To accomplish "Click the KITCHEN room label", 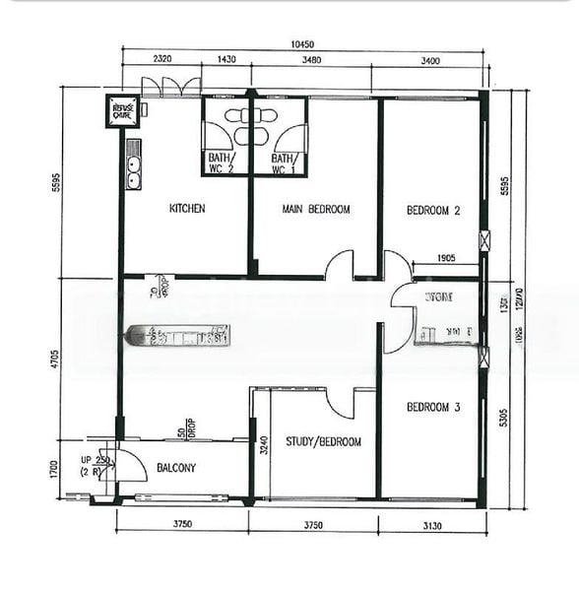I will pyautogui.click(x=187, y=209).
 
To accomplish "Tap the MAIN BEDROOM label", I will pyautogui.click(x=315, y=209).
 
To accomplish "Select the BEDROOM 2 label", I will pyautogui.click(x=433, y=210).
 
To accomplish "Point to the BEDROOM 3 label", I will pyautogui.click(x=433, y=406).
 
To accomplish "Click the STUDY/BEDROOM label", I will pyautogui.click(x=323, y=442).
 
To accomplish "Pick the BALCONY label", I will pyautogui.click(x=176, y=468).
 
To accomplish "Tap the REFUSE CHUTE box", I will pyautogui.click(x=122, y=110).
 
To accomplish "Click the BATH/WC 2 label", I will pyautogui.click(x=221, y=163).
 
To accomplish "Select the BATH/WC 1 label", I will pyautogui.click(x=284, y=163).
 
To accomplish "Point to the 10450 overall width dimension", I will pyautogui.click(x=302, y=43).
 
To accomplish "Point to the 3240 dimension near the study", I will pyautogui.click(x=262, y=443).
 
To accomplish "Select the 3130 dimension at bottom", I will pyautogui.click(x=432, y=523).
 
